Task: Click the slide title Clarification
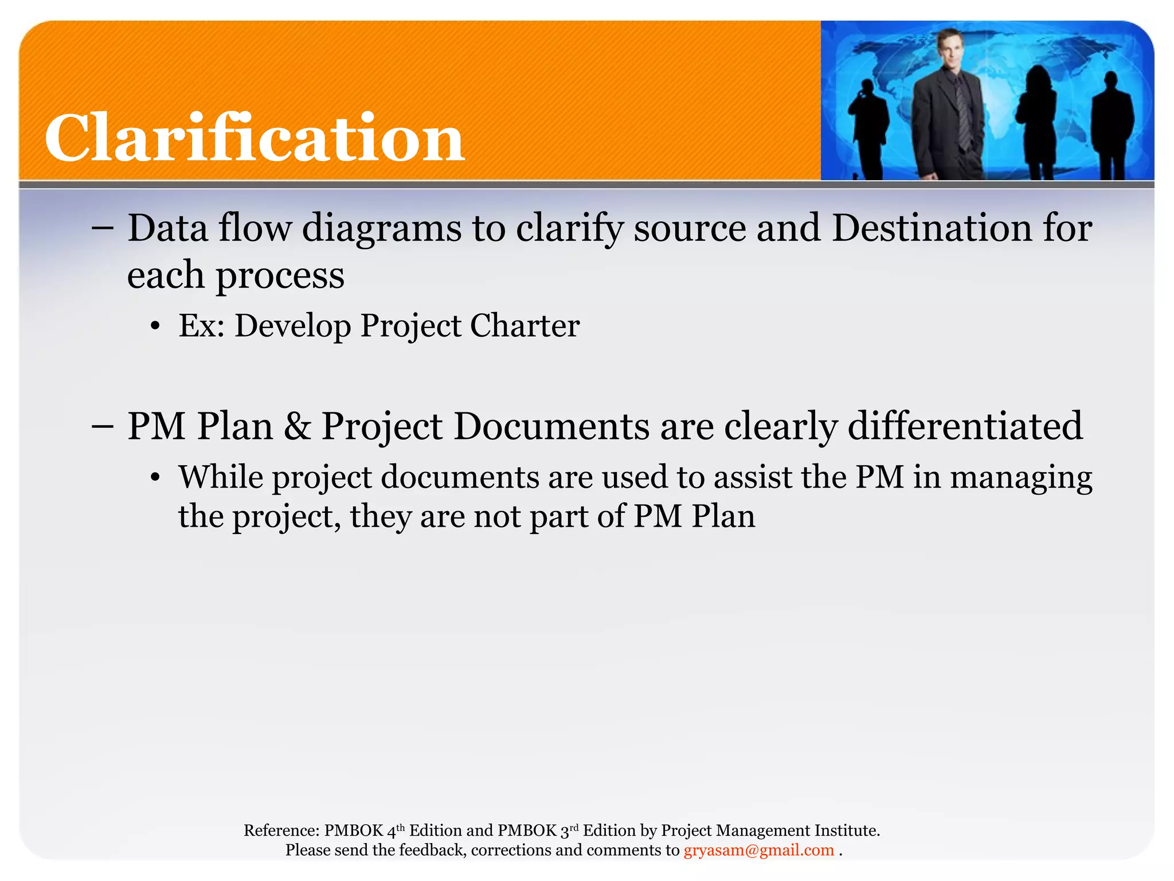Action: (x=255, y=138)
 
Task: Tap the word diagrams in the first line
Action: (x=382, y=228)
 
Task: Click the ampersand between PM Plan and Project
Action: (x=297, y=426)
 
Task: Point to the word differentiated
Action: (x=965, y=426)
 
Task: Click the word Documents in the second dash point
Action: (x=552, y=426)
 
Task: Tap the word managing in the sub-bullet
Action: (x=1021, y=478)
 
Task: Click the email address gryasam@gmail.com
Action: (x=758, y=850)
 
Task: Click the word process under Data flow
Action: (x=280, y=275)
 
